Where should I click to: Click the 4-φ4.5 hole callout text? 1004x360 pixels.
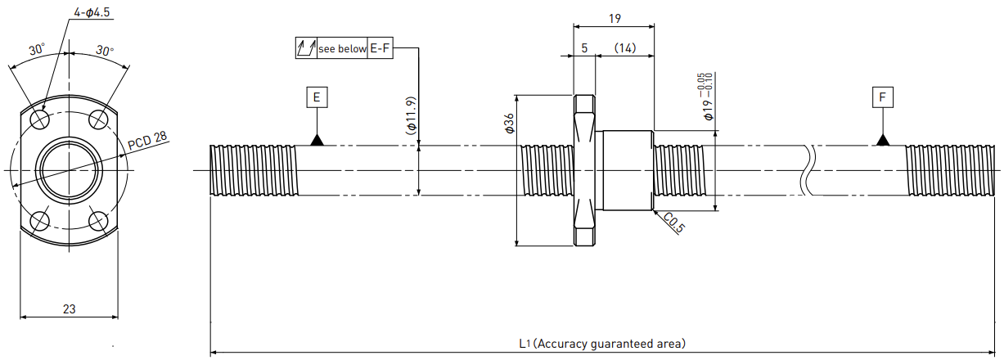click(x=92, y=11)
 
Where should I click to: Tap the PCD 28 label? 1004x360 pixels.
click(x=147, y=141)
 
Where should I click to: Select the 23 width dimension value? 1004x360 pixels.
click(x=69, y=309)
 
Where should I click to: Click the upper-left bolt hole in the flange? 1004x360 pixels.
click(x=40, y=119)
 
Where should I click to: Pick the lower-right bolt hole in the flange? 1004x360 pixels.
click(x=98, y=221)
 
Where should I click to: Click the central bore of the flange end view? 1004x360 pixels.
click(x=69, y=170)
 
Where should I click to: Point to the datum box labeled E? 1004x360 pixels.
click(x=317, y=97)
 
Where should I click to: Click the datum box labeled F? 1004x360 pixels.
click(x=883, y=97)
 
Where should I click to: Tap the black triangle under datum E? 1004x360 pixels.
click(x=317, y=141)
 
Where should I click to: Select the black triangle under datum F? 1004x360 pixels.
click(x=883, y=141)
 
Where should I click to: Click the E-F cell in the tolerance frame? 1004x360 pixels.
click(x=380, y=48)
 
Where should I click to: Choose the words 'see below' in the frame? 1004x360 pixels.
click(x=342, y=48)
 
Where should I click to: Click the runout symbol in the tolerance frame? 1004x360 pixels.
click(x=306, y=48)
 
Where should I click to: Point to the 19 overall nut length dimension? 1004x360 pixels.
click(x=615, y=18)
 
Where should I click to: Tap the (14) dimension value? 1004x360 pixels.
click(x=625, y=48)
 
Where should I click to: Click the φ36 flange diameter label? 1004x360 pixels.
click(x=509, y=124)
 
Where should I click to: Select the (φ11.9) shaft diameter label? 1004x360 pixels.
click(x=412, y=115)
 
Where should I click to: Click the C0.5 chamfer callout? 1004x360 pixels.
click(x=674, y=223)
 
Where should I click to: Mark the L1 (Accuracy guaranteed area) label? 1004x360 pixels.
click(x=602, y=344)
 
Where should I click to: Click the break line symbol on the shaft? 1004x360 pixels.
click(x=808, y=170)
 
